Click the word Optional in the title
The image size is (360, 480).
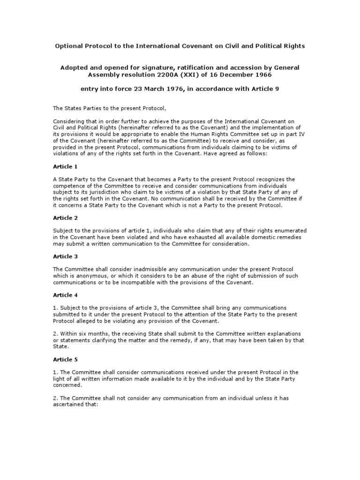tap(70, 46)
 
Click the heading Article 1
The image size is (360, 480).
tap(62, 166)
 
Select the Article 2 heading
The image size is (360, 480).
tap(62, 218)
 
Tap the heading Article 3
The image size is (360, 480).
tap(62, 256)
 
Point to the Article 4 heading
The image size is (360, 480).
tap(62, 295)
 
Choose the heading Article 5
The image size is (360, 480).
tap(62, 360)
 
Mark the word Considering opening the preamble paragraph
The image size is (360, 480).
tap(67, 121)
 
